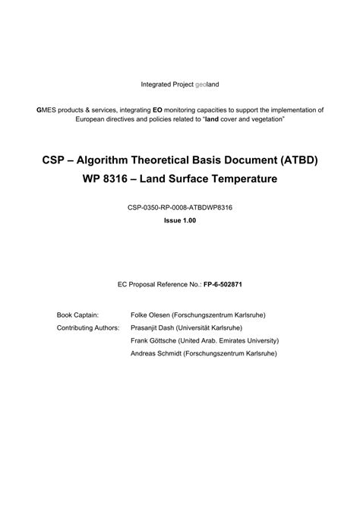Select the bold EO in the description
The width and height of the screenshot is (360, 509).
click(x=156, y=110)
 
